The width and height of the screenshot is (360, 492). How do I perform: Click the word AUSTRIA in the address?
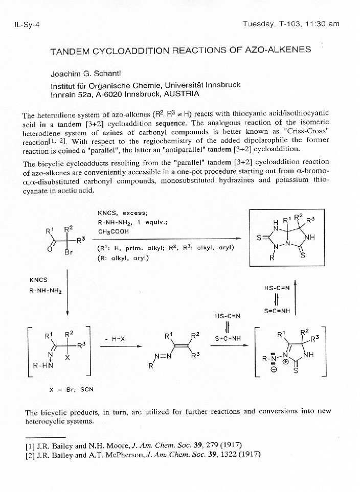tap(182, 94)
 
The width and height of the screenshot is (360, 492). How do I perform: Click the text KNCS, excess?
tap(122, 213)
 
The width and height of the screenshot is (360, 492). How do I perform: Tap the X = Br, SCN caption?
tap(72, 389)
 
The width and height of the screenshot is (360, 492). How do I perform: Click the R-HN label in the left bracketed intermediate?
tap(42, 366)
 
